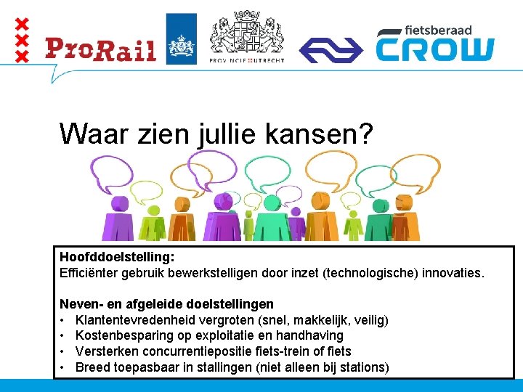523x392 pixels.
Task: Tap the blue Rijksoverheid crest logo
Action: coord(181,38)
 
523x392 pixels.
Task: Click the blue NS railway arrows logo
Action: coord(331,49)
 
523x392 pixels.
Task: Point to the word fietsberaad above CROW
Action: coord(439,30)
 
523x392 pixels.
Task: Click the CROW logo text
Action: coord(434,49)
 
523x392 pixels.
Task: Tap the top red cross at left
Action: coord(23,24)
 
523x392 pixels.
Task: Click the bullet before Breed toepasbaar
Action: coord(64,367)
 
